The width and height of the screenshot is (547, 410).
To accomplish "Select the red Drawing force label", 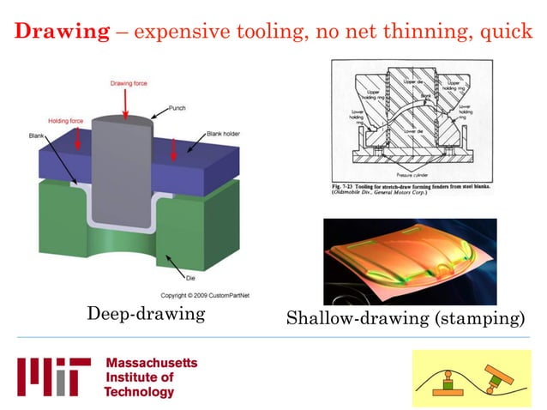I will pos(129,83).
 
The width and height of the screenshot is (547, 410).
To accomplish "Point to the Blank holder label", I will pos(225,135).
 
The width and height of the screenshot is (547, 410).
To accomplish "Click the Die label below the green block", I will pos(190,278).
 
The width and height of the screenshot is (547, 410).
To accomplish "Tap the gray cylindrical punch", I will pos(123,172).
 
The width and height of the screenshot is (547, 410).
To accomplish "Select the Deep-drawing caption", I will pos(146,314).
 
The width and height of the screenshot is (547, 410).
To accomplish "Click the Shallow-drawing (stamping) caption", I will pos(405,319).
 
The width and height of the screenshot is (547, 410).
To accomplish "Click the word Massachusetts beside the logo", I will pos(151,363).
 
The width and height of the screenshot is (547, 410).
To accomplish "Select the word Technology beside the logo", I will pos(139,392).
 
